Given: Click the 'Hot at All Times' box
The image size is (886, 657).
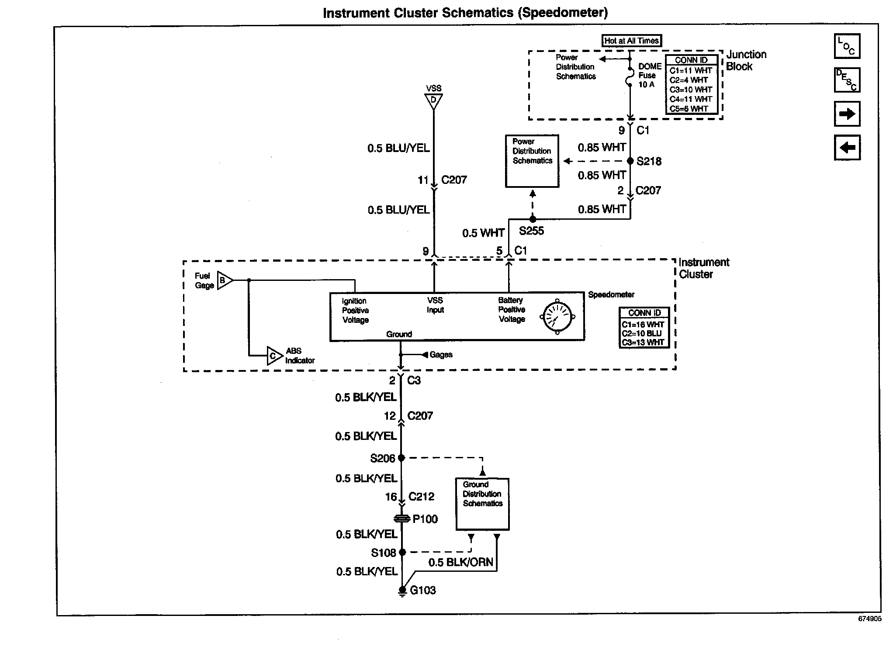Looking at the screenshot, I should [631, 41].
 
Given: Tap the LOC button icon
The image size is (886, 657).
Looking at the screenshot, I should [847, 46].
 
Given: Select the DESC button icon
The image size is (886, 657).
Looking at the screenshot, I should [847, 80].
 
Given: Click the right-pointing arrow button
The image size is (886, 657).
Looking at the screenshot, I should [847, 114].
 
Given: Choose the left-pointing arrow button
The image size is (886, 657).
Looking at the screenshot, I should [847, 148].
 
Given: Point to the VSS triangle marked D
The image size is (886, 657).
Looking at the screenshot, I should [433, 101].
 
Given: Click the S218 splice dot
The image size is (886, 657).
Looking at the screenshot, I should [630, 161].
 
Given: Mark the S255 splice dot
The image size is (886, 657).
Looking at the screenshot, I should [533, 219].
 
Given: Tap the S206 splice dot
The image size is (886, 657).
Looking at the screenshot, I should [401, 458].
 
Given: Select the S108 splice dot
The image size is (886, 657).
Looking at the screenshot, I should [402, 553].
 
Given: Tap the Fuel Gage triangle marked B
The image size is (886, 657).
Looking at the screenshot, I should [224, 280].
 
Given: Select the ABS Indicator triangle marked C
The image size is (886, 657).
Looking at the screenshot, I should [274, 356].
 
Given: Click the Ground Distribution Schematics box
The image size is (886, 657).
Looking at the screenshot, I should [482, 504].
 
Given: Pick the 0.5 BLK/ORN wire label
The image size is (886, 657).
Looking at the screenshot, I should [460, 563].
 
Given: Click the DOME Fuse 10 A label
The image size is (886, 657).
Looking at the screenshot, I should [650, 76].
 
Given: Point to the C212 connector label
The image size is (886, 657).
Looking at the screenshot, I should [421, 497].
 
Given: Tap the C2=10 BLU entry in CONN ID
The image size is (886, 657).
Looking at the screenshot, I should [642, 334].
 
